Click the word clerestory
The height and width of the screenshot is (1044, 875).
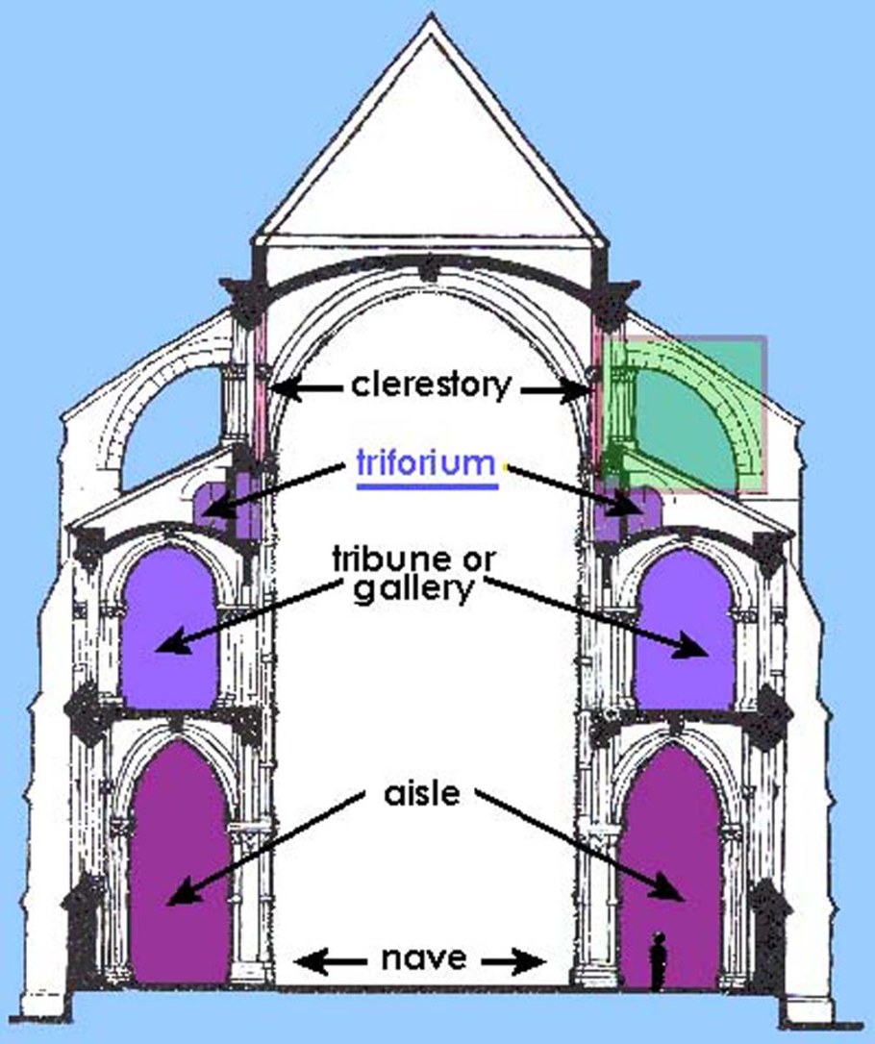tap(431, 385)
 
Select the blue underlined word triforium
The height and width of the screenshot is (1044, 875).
tap(425, 462)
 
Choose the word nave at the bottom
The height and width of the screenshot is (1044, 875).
tap(423, 958)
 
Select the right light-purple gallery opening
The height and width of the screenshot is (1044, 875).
tap(685, 630)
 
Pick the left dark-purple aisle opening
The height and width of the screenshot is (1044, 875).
tap(180, 865)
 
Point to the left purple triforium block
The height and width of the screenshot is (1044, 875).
tap(227, 510)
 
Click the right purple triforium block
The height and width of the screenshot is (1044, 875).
tap(621, 510)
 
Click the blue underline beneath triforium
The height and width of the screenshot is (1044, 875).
tap(427, 485)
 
